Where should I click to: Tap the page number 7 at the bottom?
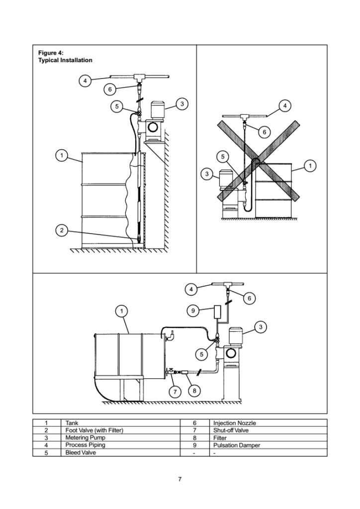180,479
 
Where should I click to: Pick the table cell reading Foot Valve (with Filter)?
94,430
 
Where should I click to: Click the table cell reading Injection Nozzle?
234,423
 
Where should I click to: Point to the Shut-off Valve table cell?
231,430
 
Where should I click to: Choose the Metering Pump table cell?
83,437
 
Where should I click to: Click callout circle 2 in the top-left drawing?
61,230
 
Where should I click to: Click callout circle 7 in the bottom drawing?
176,391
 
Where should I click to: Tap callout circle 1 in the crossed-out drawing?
310,165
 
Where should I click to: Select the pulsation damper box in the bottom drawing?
218,312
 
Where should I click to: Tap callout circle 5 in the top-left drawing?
116,106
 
